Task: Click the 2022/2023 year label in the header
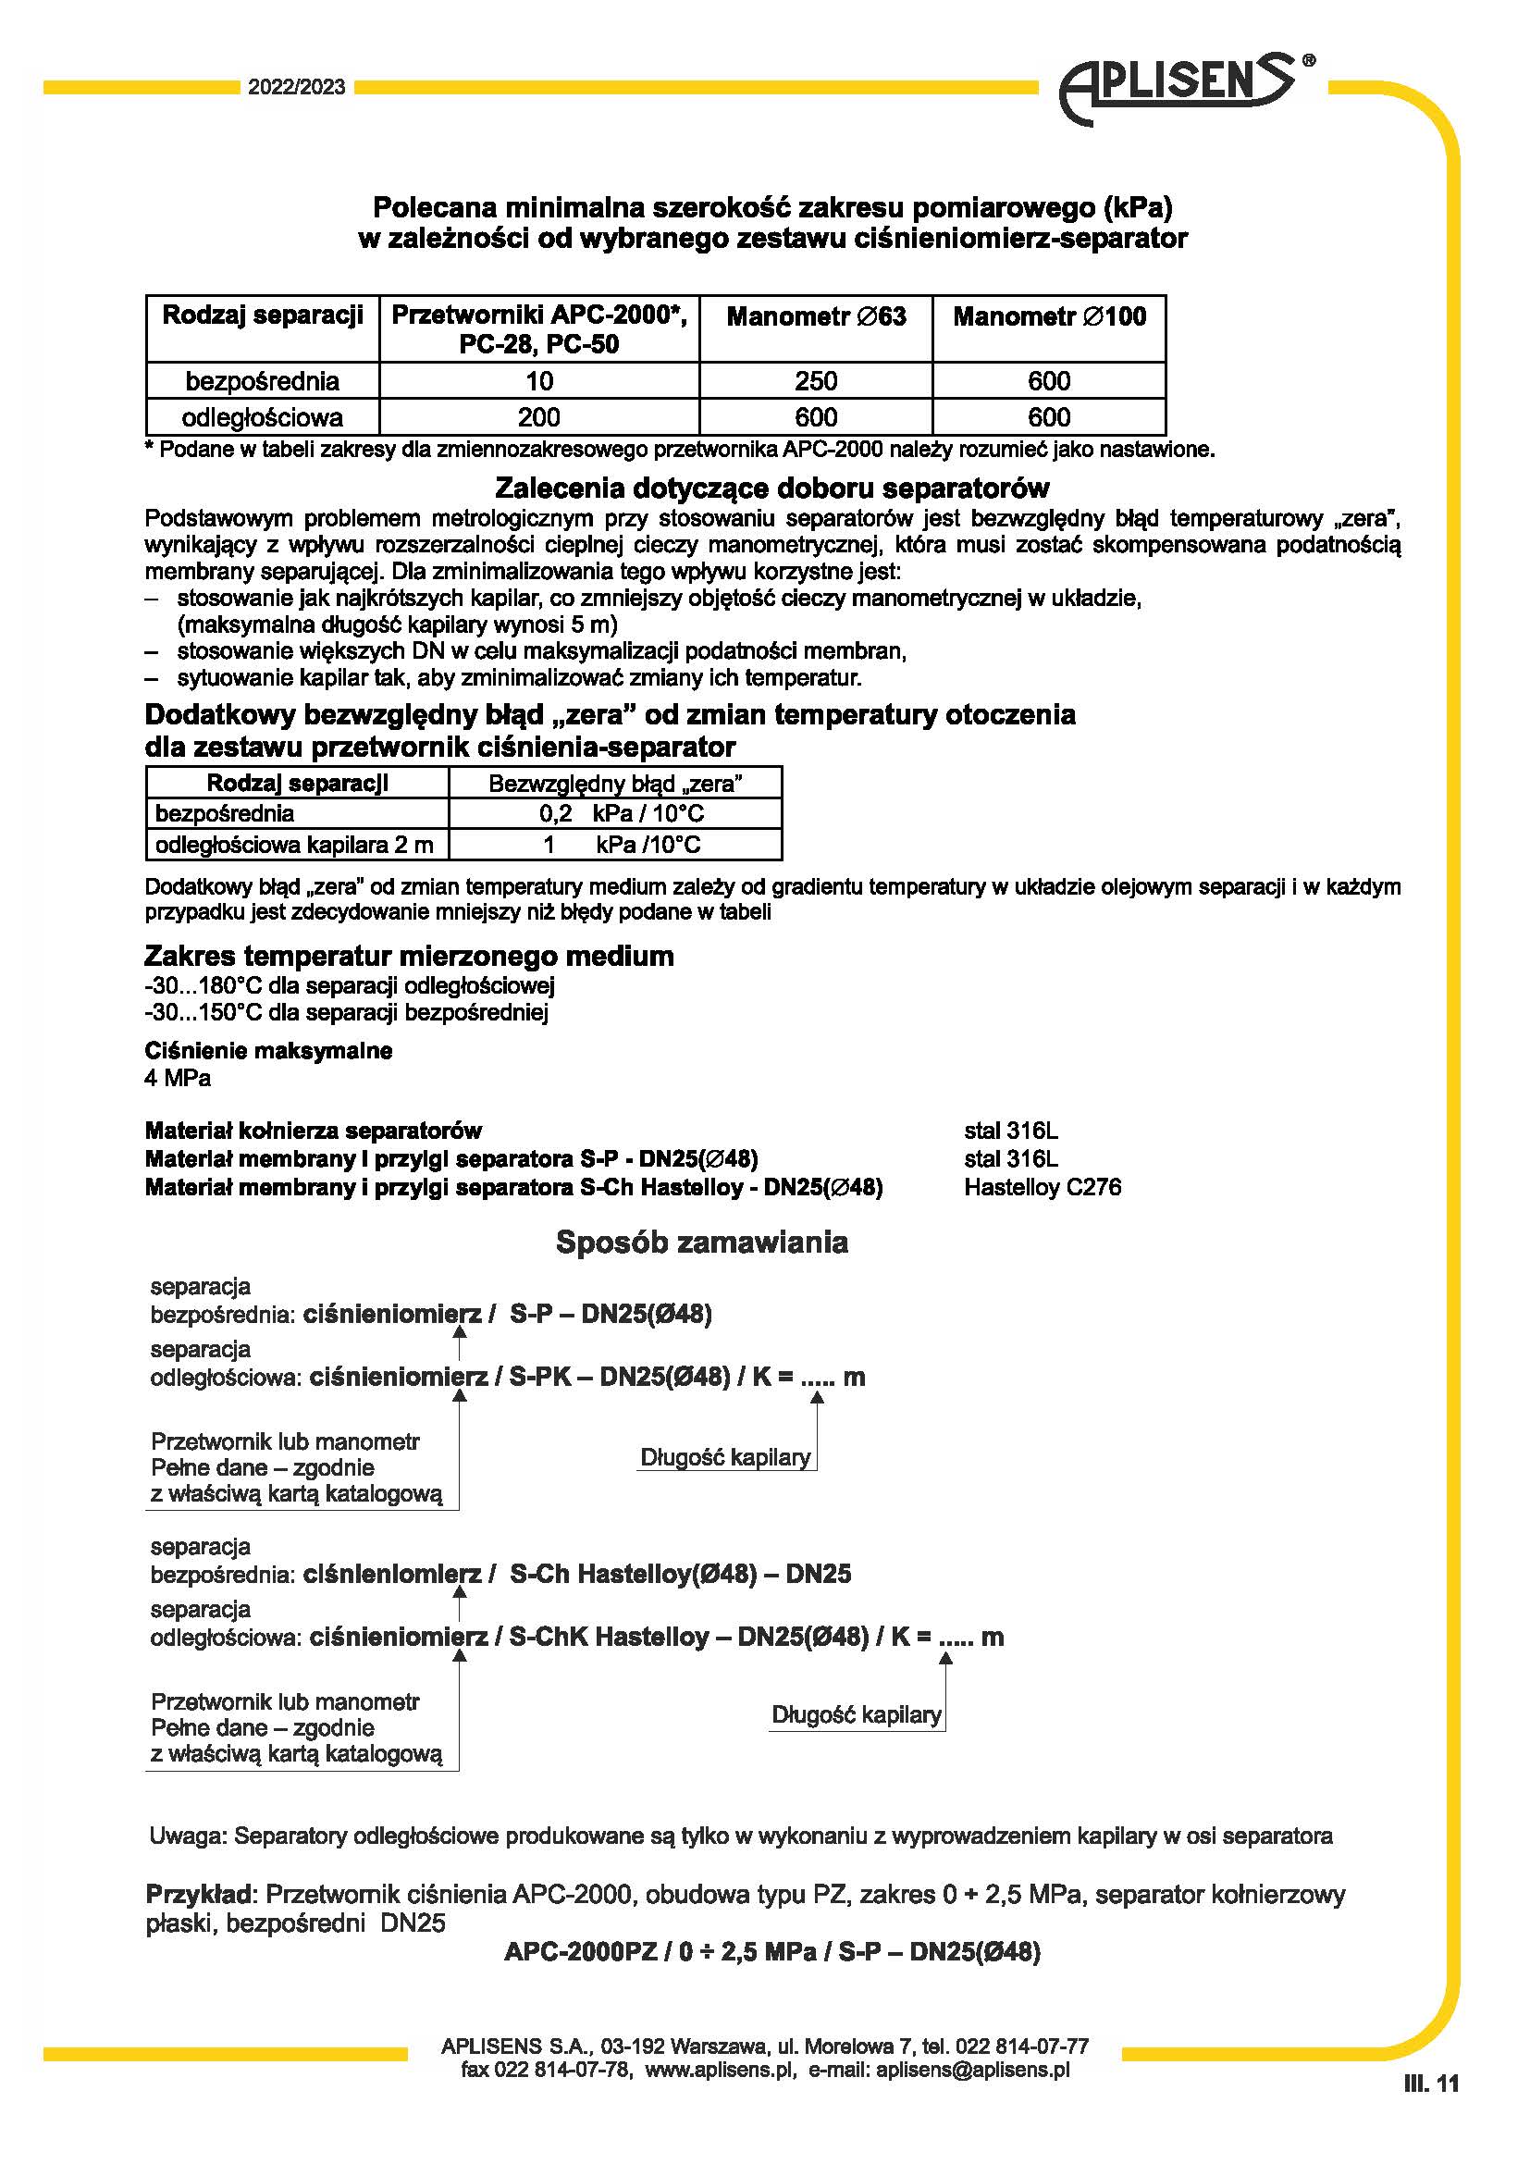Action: pyautogui.click(x=297, y=88)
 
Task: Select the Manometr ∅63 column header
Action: pyautogui.click(x=816, y=316)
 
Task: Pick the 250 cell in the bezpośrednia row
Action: pyautogui.click(x=816, y=381)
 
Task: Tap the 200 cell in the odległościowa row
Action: pyautogui.click(x=539, y=416)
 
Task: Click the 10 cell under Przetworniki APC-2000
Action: pyautogui.click(x=539, y=381)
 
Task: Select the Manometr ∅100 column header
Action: pyautogui.click(x=1050, y=316)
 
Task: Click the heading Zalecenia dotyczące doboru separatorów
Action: pyautogui.click(x=771, y=488)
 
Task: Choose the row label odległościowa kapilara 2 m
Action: pyautogui.click(x=294, y=845)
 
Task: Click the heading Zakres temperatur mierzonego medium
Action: pyautogui.click(x=409, y=956)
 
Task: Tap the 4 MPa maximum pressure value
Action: pyautogui.click(x=177, y=1077)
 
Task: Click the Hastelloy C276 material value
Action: pyautogui.click(x=1042, y=1187)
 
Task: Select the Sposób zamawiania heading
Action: pyautogui.click(x=702, y=1243)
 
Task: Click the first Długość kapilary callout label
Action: pyautogui.click(x=725, y=1457)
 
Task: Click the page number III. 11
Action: pyautogui.click(x=1431, y=2084)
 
